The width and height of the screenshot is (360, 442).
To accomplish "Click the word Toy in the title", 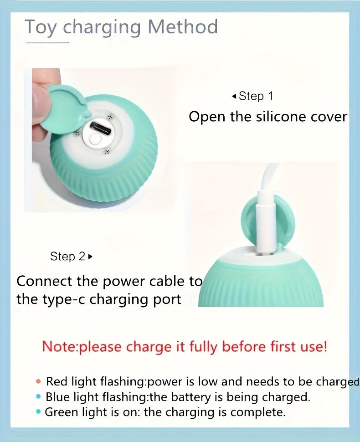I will tap(41, 27).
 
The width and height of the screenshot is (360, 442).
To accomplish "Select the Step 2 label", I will tap(68, 256).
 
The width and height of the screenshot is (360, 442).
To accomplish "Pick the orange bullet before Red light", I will tap(38, 381).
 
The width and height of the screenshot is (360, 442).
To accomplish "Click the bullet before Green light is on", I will tap(38, 412).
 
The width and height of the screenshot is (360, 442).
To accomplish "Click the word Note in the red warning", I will tap(59, 347).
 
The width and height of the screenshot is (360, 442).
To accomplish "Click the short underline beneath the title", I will tap(47, 43).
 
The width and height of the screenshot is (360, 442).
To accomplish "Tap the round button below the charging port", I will tap(96, 139).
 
